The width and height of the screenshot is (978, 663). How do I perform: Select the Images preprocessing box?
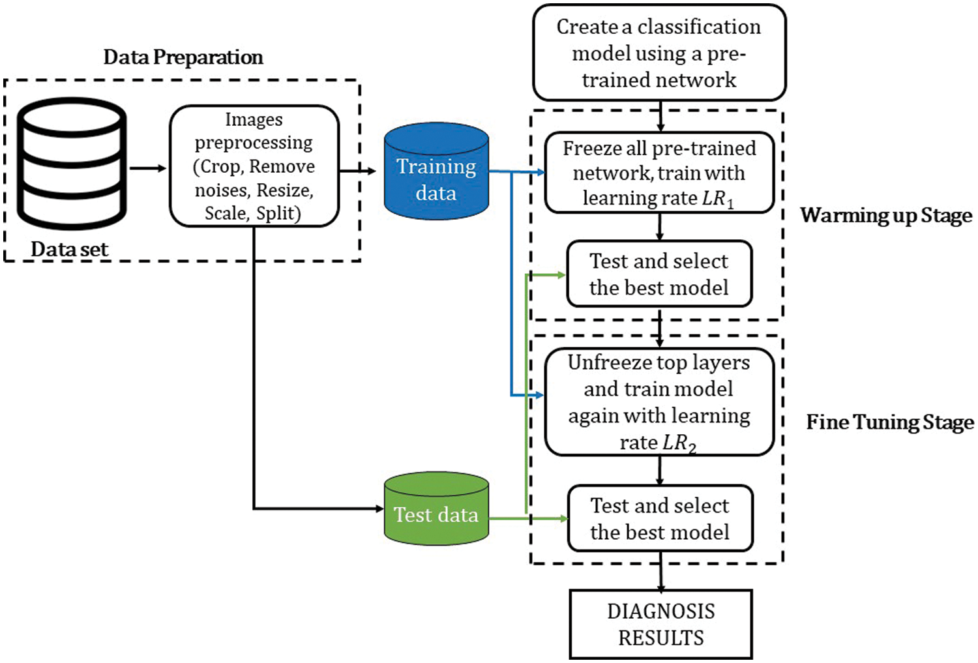[254, 166]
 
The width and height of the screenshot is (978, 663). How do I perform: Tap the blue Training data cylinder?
[436, 171]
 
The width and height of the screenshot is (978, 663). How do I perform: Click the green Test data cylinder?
[436, 509]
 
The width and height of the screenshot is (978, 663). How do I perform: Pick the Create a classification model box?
[659, 53]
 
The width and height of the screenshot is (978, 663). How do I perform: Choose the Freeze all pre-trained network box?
[659, 173]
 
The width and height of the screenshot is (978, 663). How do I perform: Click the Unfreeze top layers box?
[659, 402]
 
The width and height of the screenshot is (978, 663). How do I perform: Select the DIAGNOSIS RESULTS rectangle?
[660, 624]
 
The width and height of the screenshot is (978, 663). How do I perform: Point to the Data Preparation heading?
[183, 57]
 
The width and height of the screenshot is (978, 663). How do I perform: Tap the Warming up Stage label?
[886, 216]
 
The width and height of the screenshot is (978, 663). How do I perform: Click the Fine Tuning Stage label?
[890, 422]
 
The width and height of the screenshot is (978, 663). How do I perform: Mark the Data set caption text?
[69, 250]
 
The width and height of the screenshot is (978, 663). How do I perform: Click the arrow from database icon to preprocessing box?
[148, 168]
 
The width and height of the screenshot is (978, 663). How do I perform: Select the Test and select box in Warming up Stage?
[659, 274]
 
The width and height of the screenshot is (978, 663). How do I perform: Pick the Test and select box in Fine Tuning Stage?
[660, 518]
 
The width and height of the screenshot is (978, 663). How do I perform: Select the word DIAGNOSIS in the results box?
[661, 611]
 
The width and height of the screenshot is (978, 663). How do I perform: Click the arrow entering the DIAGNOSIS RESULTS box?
[660, 574]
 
